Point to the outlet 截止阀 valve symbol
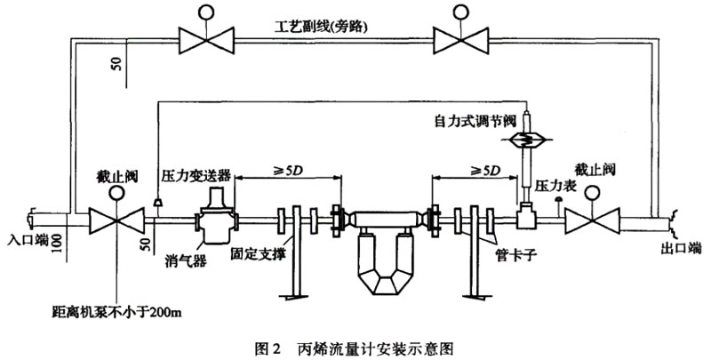point(595,218)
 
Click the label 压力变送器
point(196,175)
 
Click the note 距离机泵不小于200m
point(113,312)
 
